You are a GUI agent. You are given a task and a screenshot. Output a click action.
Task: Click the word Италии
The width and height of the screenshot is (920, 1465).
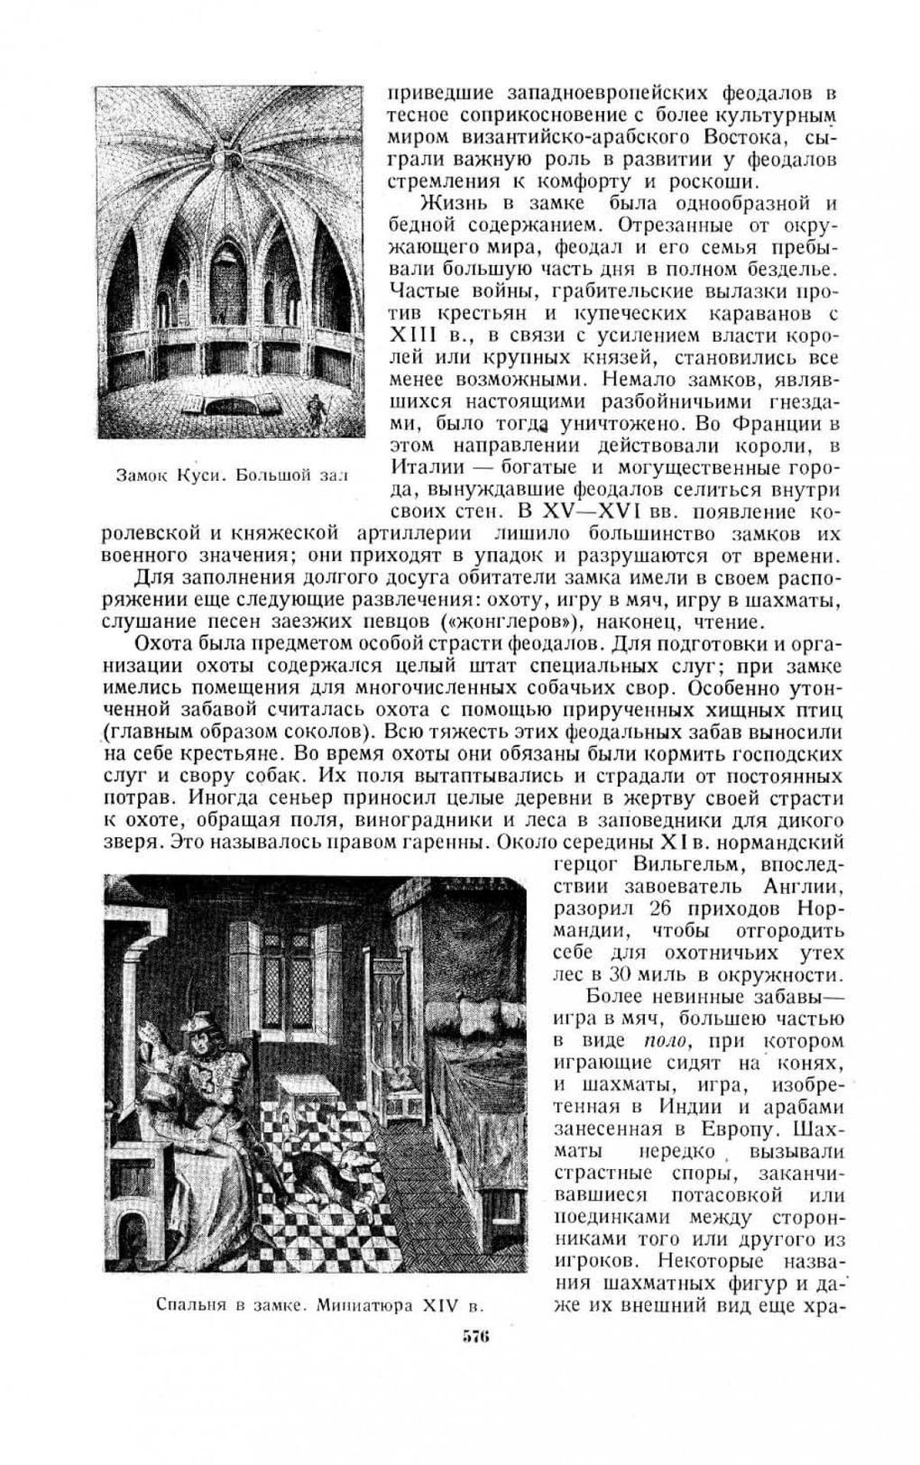point(428,467)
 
